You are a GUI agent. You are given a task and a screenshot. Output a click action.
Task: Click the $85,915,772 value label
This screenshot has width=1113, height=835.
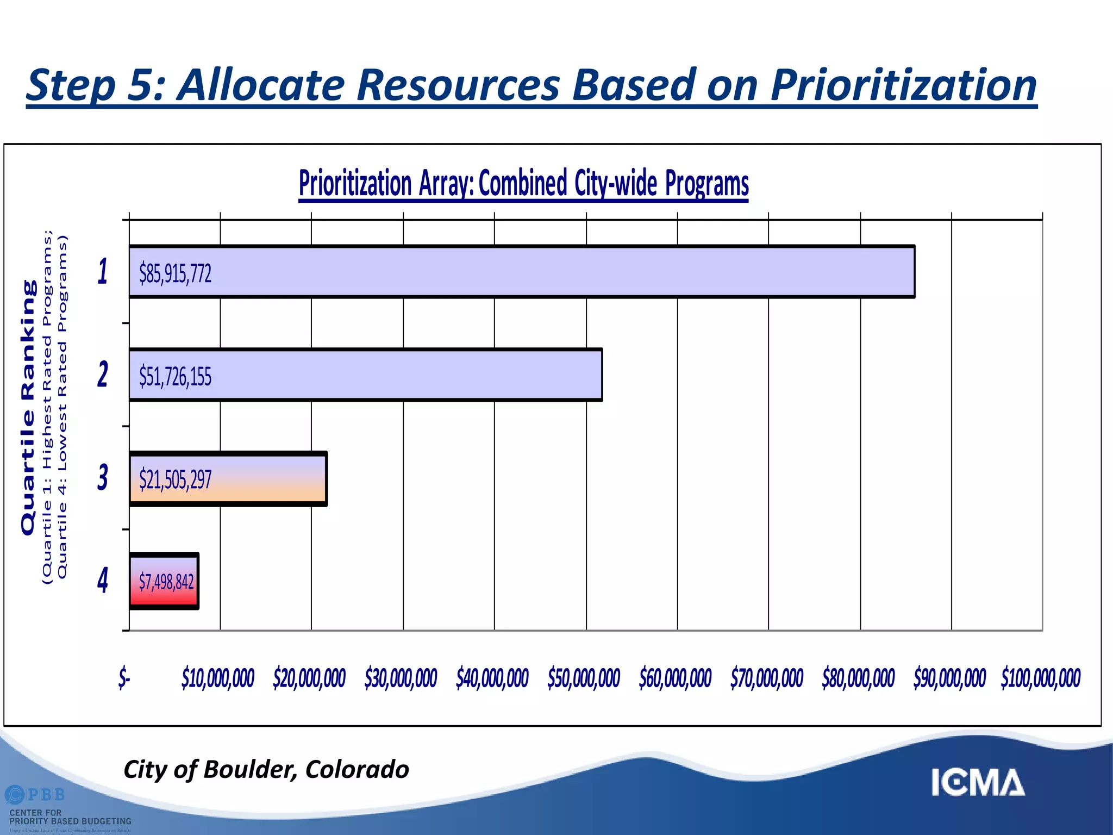coord(175,273)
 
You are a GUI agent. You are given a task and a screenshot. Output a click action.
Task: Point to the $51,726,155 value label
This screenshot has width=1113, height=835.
coord(175,376)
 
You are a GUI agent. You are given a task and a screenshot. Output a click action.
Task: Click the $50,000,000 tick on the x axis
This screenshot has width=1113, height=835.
coord(584,678)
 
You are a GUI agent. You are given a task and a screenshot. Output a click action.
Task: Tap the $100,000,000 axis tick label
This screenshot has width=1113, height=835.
coord(1041,678)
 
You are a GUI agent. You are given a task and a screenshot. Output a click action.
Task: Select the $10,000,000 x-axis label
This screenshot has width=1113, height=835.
coord(218,678)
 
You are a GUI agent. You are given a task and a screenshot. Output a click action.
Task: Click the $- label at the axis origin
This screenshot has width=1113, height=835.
coord(124,678)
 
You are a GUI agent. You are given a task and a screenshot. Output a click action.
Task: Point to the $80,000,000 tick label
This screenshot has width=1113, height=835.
coord(858,678)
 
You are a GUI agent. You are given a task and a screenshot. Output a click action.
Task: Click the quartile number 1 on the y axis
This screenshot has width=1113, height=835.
coord(103,272)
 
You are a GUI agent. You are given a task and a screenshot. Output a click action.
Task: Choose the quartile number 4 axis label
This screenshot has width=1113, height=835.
coord(103,580)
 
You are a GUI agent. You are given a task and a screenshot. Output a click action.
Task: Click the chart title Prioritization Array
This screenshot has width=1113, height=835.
coord(523,183)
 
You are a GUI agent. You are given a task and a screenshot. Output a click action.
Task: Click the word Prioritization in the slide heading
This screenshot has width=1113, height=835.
coord(904,85)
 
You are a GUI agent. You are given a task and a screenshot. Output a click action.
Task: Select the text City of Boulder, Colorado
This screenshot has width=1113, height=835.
coord(266,769)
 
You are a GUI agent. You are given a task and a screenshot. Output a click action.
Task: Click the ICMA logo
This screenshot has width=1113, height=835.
coord(978,783)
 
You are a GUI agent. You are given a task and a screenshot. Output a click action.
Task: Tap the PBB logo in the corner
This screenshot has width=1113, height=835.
coord(36,795)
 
